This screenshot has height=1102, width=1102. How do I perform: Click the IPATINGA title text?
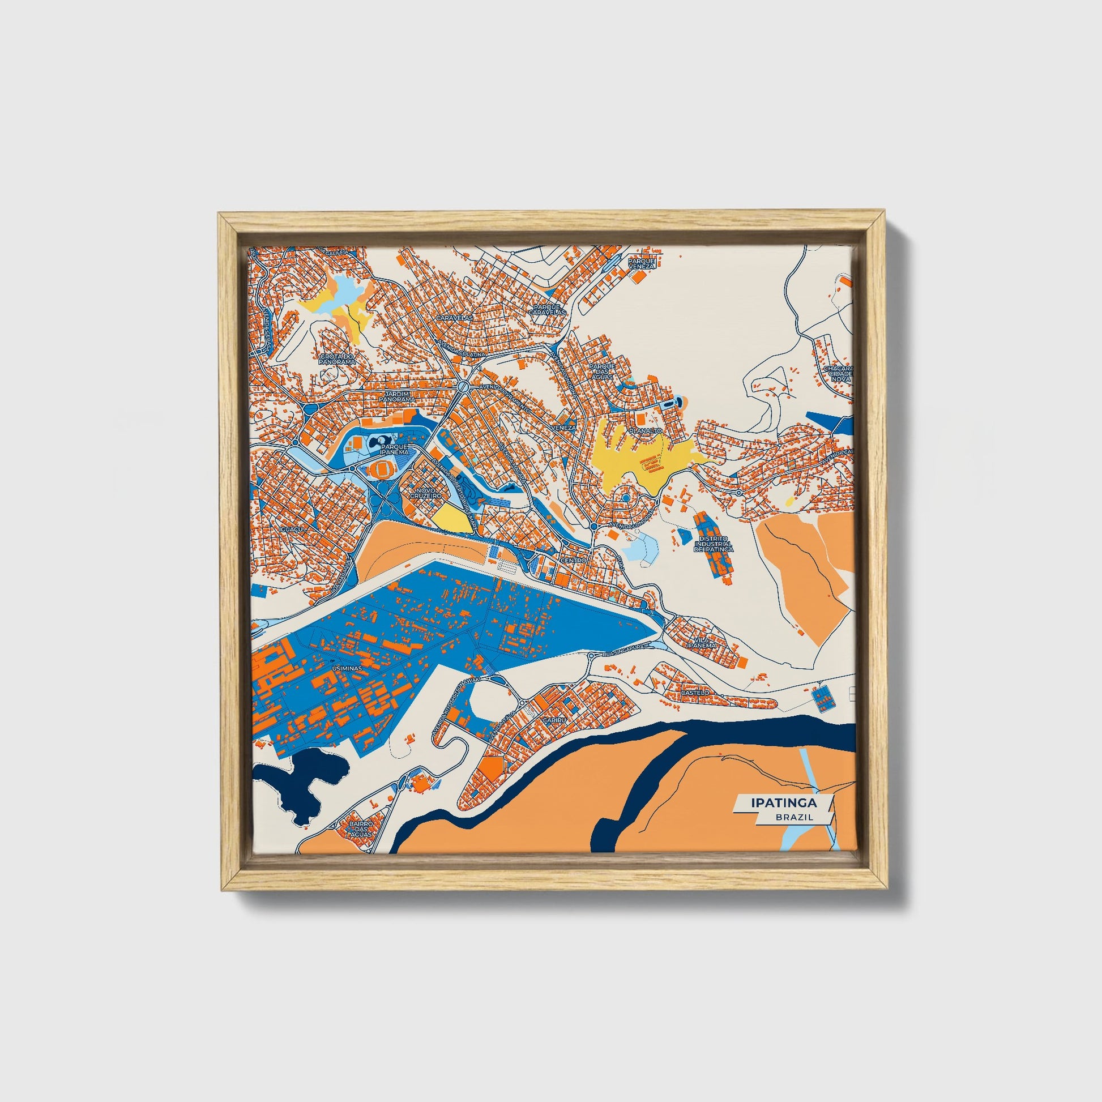(784, 802)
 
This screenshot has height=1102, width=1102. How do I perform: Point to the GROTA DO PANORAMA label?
(336, 359)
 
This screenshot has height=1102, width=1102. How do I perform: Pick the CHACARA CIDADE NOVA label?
(838, 374)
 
